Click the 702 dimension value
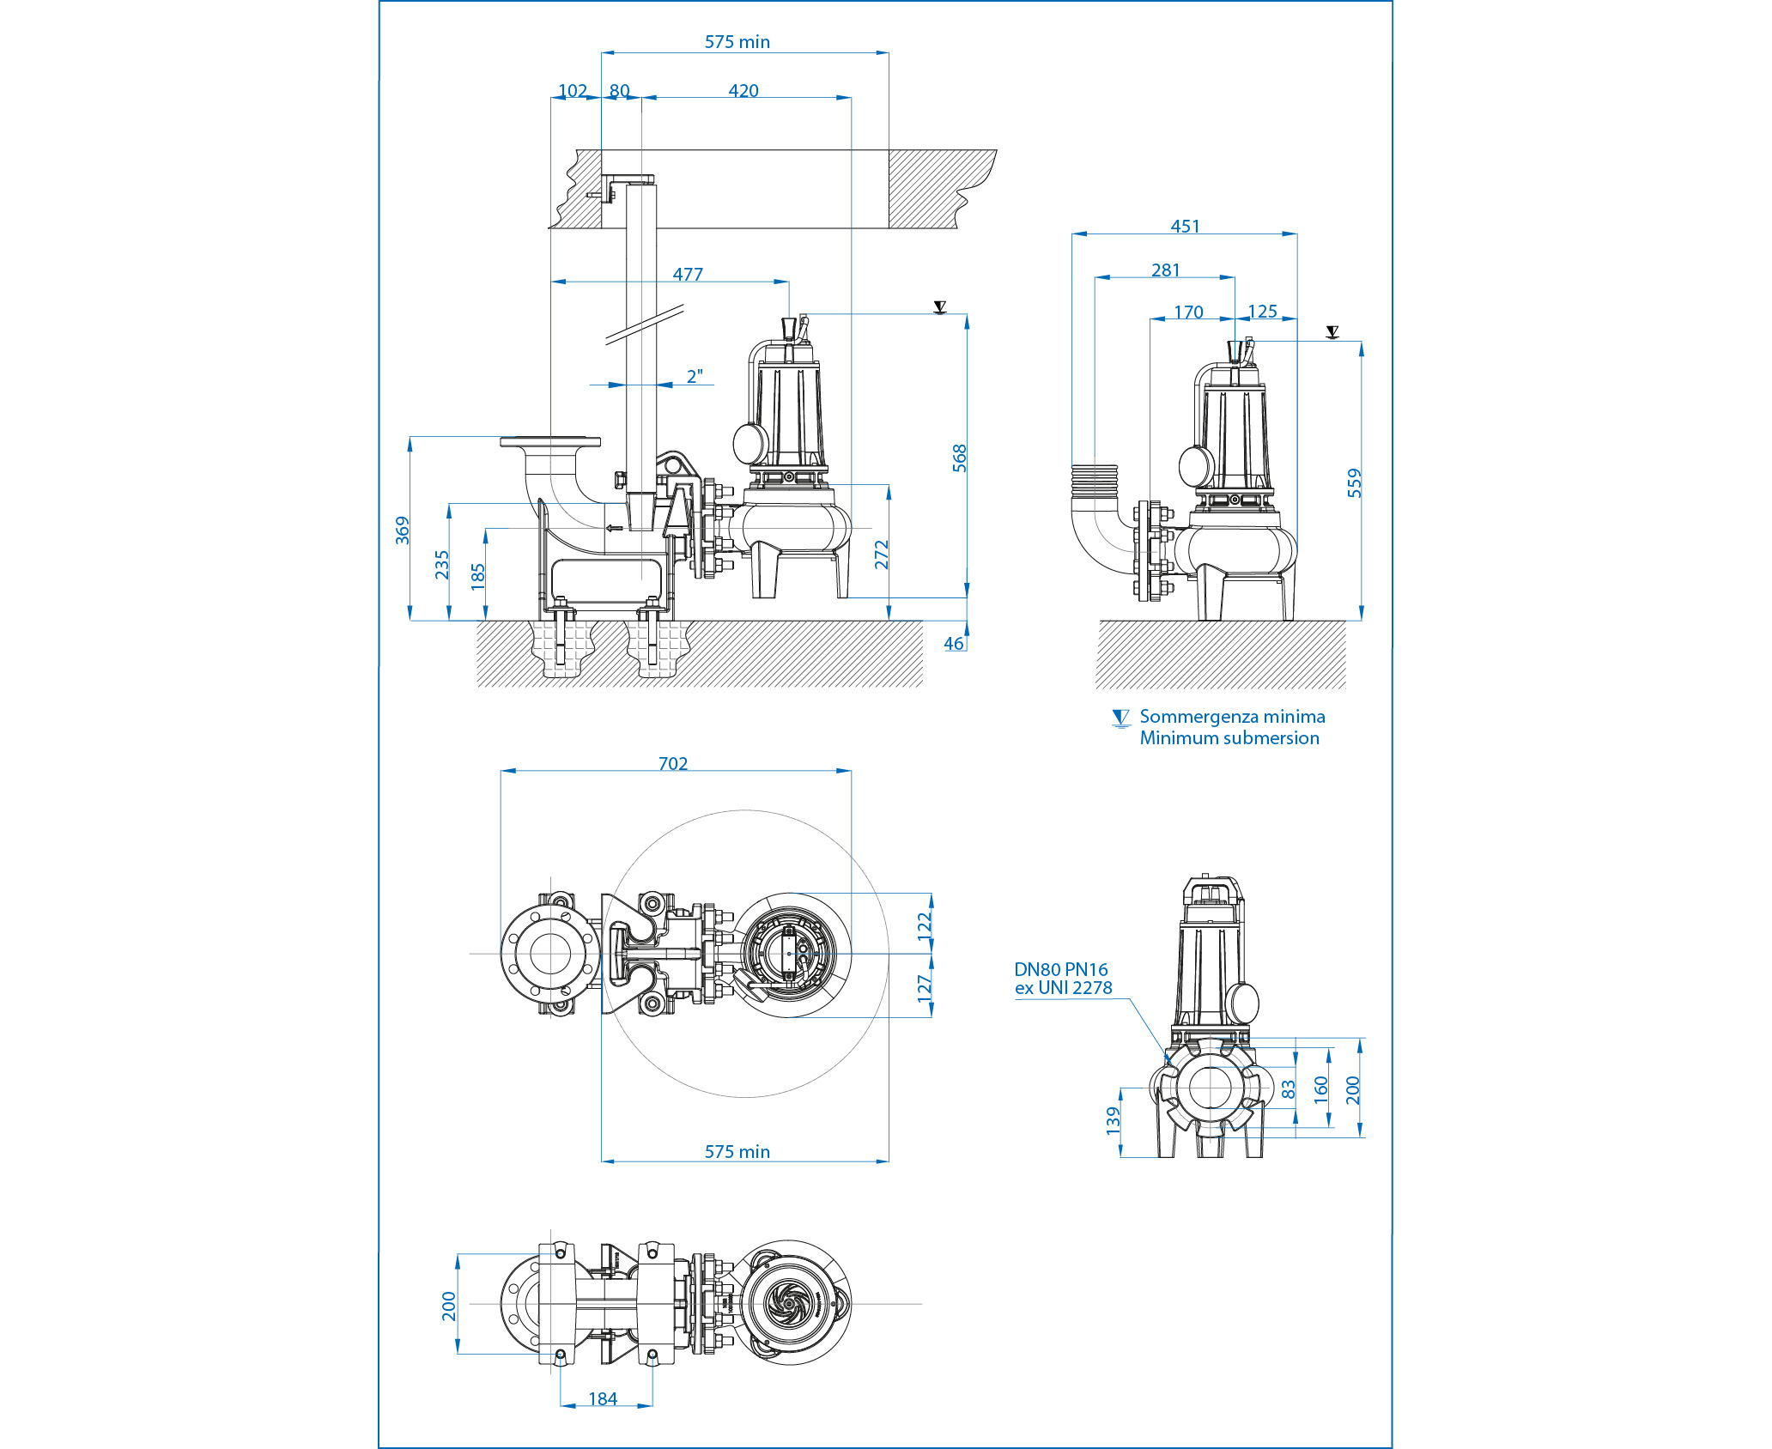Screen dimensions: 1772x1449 [673, 763]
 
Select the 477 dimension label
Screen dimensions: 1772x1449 [688, 274]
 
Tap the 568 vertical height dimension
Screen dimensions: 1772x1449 [959, 458]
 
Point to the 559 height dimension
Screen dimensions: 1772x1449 [1354, 482]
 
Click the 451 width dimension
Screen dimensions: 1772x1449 [1185, 226]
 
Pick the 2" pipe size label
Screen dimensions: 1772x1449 [695, 376]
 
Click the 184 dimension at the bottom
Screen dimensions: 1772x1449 [603, 1398]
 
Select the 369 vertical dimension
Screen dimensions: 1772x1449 [402, 530]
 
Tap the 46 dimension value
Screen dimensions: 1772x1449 [954, 643]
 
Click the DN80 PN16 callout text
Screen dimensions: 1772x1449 [1061, 969]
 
